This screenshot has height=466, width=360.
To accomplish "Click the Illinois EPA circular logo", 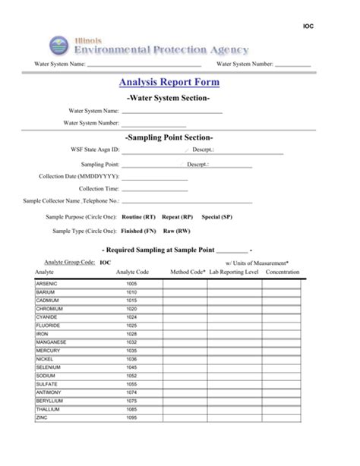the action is point(59,45).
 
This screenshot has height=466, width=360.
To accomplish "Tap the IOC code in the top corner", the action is point(308,26).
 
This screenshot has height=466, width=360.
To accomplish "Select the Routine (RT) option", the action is point(138,216).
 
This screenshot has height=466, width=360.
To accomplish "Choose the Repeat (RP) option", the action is point(177,216).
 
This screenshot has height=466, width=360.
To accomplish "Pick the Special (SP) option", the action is point(216,216).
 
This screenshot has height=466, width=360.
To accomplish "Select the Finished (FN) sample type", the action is point(138,231).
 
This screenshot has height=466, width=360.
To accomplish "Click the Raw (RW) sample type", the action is point(177,231).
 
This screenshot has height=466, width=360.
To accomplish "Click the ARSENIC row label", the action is point(47,283).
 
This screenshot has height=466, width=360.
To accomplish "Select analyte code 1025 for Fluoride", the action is point(131,326).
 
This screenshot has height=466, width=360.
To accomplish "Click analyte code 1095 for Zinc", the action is point(131,417).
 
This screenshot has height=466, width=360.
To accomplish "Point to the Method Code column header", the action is point(188,271).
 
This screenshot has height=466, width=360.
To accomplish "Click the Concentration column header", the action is point(283,271).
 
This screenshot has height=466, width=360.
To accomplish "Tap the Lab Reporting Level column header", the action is point(234,271).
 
